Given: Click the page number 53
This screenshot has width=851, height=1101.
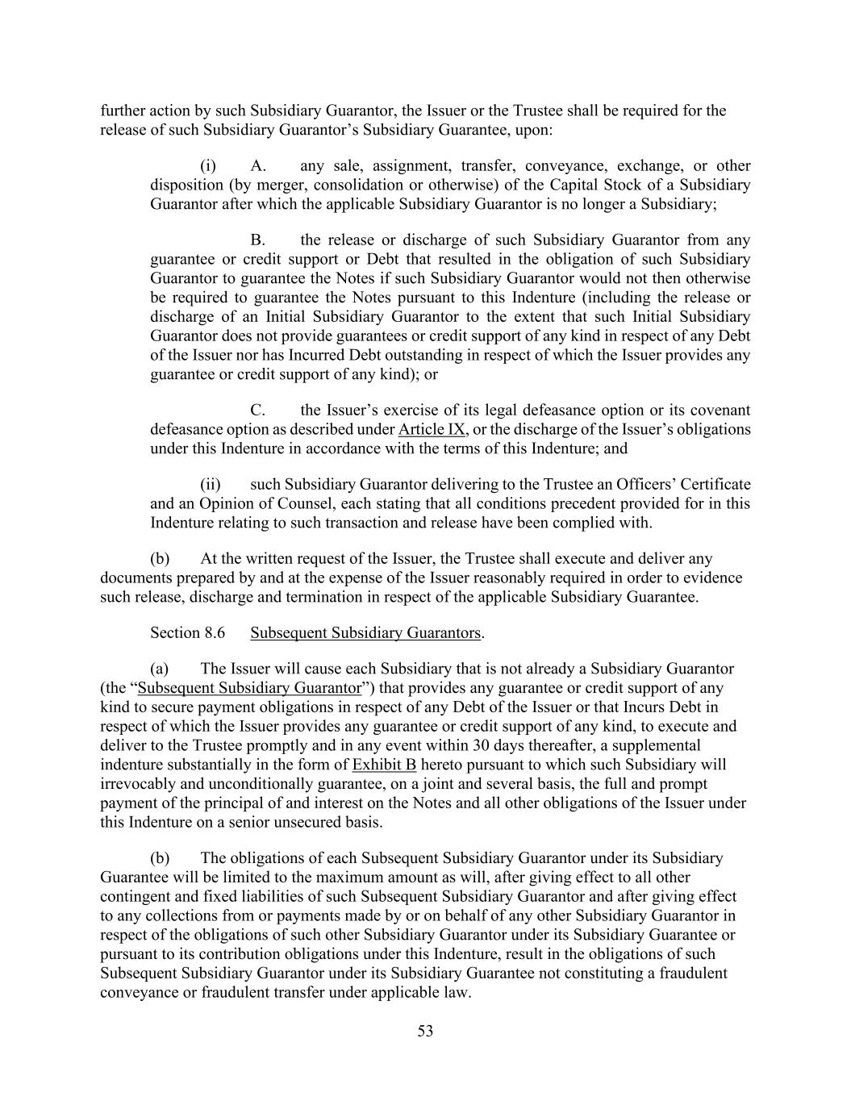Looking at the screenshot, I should pyautogui.click(x=425, y=1031).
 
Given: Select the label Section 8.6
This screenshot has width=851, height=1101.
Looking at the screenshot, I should pyautogui.click(x=187, y=633).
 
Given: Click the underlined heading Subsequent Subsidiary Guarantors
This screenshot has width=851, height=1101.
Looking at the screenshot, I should pyautogui.click(x=365, y=633).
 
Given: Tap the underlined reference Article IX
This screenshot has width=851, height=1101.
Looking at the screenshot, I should pyautogui.click(x=432, y=429).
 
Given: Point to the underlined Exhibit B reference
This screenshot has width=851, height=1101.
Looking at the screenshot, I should pyautogui.click(x=384, y=765).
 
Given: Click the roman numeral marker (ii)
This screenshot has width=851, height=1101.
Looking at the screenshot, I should pyautogui.click(x=210, y=485).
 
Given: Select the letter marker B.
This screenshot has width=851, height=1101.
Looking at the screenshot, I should pyautogui.click(x=258, y=240).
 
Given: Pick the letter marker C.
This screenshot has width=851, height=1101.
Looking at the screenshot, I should pyautogui.click(x=258, y=411).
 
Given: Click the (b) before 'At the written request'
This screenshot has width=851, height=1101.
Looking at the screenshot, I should pyautogui.click(x=160, y=559).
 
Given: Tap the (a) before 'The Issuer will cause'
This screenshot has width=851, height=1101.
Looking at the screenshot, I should pyautogui.click(x=160, y=669).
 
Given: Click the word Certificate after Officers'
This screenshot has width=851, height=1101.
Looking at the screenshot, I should pyautogui.click(x=715, y=485).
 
